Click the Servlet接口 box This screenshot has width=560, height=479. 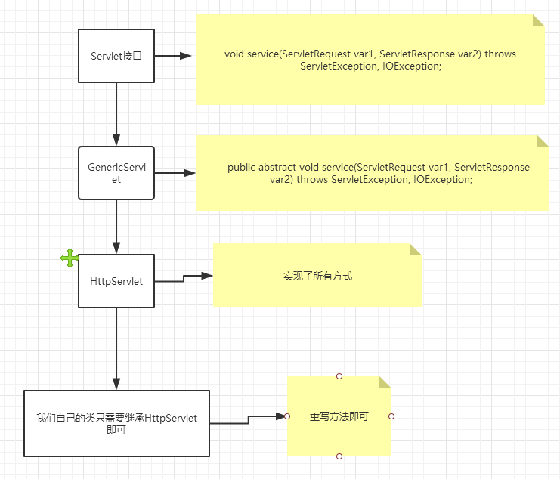[116, 56]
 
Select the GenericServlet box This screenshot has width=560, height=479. [116, 173]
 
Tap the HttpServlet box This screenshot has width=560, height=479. [116, 281]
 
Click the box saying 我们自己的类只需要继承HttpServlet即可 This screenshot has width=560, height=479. [116, 423]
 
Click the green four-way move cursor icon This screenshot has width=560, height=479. [70, 258]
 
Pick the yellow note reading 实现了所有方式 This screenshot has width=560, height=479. [317, 276]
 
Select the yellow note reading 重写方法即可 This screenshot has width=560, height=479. [339, 416]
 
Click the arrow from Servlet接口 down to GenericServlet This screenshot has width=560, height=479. [116, 113]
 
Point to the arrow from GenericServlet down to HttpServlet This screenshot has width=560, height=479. [116, 226]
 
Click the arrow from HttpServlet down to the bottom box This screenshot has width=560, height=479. [116, 348]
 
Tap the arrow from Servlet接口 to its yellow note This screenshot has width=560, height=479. [174, 56]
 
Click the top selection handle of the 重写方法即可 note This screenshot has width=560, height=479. [339, 375]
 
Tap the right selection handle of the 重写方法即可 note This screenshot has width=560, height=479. [391, 416]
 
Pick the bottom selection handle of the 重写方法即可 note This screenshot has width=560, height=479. [339, 456]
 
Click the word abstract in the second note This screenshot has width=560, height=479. [278, 168]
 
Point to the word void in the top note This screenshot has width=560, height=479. [234, 54]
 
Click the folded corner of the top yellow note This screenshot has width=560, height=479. [539, 20]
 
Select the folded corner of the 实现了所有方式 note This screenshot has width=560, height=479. [416, 249]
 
